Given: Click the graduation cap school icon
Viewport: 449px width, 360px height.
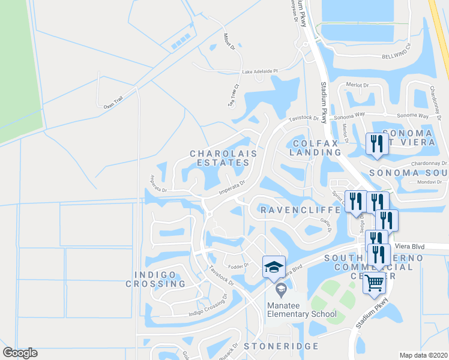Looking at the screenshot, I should pos(274,266).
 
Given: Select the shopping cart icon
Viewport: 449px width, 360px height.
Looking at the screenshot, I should pos(375,281).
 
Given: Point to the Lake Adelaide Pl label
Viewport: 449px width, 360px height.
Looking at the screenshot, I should pos(260,71).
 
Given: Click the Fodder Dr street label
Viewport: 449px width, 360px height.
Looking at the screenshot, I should pos(238,265).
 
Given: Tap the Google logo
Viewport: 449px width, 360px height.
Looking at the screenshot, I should pos(20,353).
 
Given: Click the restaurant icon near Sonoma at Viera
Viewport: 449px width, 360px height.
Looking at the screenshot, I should pos(376,144).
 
